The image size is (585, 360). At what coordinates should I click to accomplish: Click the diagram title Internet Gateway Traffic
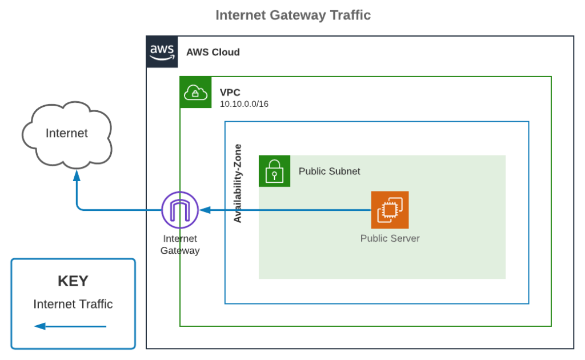click(x=292, y=15)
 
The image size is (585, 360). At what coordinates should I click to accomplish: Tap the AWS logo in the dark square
click(x=162, y=52)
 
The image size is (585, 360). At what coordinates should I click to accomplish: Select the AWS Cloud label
click(x=213, y=52)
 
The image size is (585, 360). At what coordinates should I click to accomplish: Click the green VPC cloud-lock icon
click(x=195, y=92)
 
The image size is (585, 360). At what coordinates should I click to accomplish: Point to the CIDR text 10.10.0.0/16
click(x=244, y=104)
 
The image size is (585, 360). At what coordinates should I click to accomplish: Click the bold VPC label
click(x=230, y=92)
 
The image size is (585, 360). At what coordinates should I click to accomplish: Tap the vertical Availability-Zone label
click(x=238, y=183)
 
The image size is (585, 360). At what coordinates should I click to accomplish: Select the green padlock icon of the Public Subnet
click(x=274, y=171)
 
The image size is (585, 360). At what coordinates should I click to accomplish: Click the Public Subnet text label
click(x=329, y=171)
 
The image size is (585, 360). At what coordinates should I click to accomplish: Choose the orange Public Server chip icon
click(x=390, y=210)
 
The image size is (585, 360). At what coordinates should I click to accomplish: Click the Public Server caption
click(x=390, y=238)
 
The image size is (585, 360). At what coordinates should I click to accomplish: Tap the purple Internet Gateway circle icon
click(x=179, y=210)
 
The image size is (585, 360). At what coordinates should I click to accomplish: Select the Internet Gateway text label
click(x=179, y=245)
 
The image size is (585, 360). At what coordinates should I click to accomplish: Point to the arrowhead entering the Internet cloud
click(x=77, y=178)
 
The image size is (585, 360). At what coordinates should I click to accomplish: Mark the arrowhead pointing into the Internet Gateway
click(x=203, y=210)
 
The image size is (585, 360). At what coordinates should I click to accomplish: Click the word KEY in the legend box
click(x=73, y=281)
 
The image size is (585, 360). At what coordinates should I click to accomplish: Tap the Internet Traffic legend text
click(x=73, y=304)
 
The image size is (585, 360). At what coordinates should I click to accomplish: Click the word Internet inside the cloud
click(x=67, y=133)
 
